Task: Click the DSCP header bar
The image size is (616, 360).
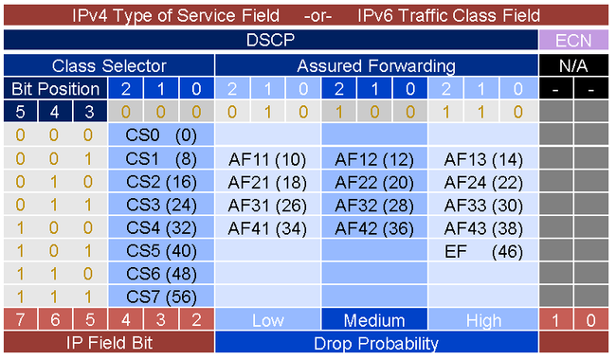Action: [x=270, y=40]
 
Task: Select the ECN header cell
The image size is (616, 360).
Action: [x=574, y=40]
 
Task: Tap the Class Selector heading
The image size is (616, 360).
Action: [x=109, y=66]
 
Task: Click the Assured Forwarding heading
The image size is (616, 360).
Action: [x=376, y=66]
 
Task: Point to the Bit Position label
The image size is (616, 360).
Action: [x=55, y=89]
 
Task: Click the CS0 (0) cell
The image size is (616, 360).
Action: [x=161, y=135]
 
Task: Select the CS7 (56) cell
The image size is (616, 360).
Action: [x=161, y=295]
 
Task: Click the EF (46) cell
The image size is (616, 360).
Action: [x=483, y=250]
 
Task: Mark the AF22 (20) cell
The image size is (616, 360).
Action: [x=374, y=181]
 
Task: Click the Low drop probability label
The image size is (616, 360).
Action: [x=267, y=320]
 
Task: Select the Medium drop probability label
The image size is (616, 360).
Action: [x=374, y=320]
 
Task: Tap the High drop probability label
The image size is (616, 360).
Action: [x=483, y=320]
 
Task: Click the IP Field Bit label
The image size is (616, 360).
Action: [x=109, y=342]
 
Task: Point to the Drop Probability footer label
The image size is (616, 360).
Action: [x=376, y=342]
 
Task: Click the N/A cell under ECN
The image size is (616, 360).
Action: [x=574, y=66]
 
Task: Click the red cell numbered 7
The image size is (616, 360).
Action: [x=19, y=320]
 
